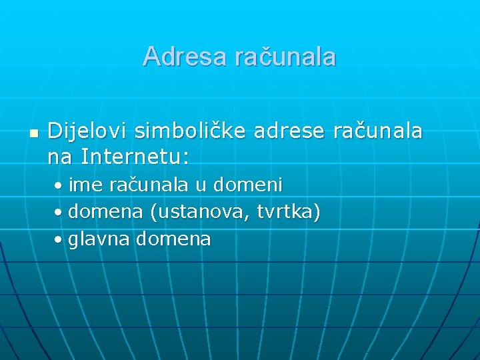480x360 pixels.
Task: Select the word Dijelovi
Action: pyautogui.click(x=87, y=131)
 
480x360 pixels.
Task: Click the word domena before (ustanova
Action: pyautogui.click(x=105, y=212)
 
